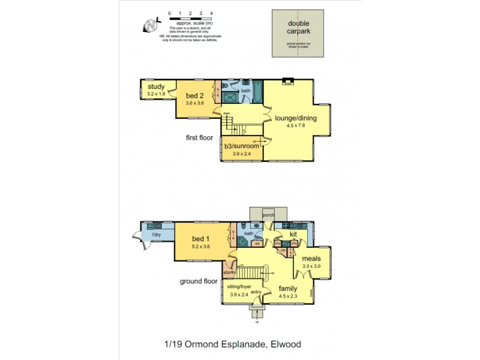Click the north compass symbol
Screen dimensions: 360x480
pyautogui.click(x=151, y=26)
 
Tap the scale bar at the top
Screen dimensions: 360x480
pyautogui.click(x=190, y=17)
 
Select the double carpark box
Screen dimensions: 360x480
pyautogui.click(x=298, y=34)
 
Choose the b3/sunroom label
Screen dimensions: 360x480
pyautogui.click(x=242, y=146)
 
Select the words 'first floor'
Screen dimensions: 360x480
pyautogui.click(x=200, y=137)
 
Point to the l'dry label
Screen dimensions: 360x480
pyautogui.click(x=155, y=235)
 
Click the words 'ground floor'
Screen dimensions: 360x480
pyautogui.click(x=198, y=281)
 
